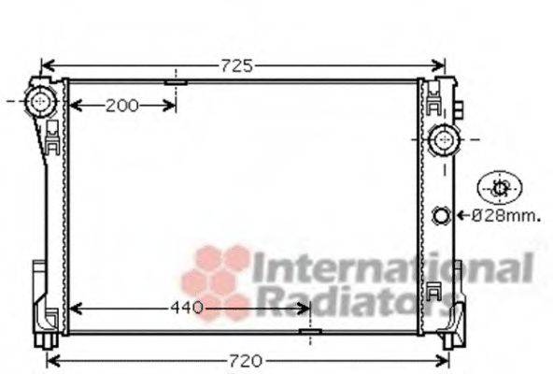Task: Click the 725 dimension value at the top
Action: [x=236, y=65]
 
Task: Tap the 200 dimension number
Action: [x=121, y=105]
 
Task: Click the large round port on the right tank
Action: [x=443, y=142]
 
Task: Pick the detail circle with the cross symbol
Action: [x=500, y=188]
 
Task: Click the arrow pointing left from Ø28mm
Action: [x=461, y=217]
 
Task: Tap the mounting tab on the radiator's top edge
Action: [x=176, y=82]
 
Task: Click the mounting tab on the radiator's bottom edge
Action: [x=309, y=332]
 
